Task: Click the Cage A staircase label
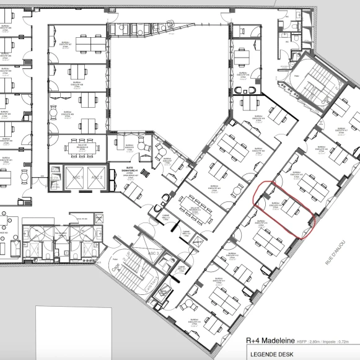[116, 266]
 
